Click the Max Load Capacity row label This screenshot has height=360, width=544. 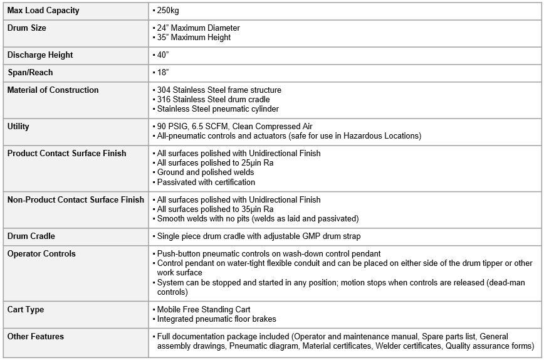(43, 11)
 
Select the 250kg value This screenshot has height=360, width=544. (168, 11)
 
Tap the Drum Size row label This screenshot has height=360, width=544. (26, 28)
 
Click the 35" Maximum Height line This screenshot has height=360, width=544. (194, 38)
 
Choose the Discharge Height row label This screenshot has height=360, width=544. (39, 55)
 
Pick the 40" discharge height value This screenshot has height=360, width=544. (163, 55)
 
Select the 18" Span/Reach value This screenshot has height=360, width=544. (163, 73)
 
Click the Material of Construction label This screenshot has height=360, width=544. (53, 90)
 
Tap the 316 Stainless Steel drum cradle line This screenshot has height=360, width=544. (213, 100)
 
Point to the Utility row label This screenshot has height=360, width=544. (18, 127)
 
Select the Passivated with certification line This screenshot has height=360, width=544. (206, 182)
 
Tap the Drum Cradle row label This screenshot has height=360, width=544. (31, 236)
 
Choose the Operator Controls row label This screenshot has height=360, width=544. (41, 254)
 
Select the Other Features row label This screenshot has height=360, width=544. (35, 337)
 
